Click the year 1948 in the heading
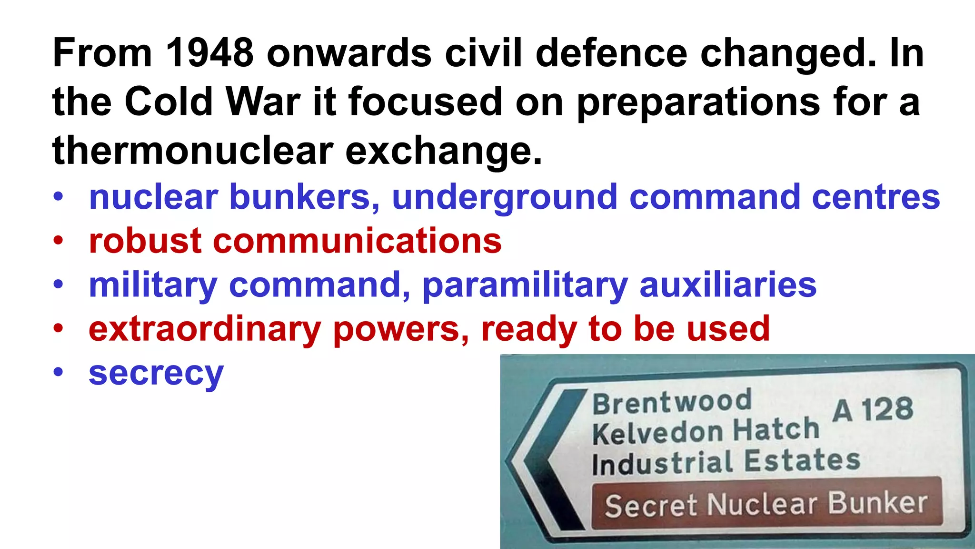tap(209, 52)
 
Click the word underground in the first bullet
tap(504, 198)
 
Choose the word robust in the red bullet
tap(145, 241)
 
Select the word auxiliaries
tap(728, 285)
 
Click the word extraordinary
tap(204, 329)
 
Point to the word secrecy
tap(156, 373)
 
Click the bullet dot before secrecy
tap(58, 372)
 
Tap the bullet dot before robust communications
tap(58, 240)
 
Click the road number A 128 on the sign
tap(873, 409)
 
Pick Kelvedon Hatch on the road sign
tap(706, 430)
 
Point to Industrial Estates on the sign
tap(726, 461)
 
